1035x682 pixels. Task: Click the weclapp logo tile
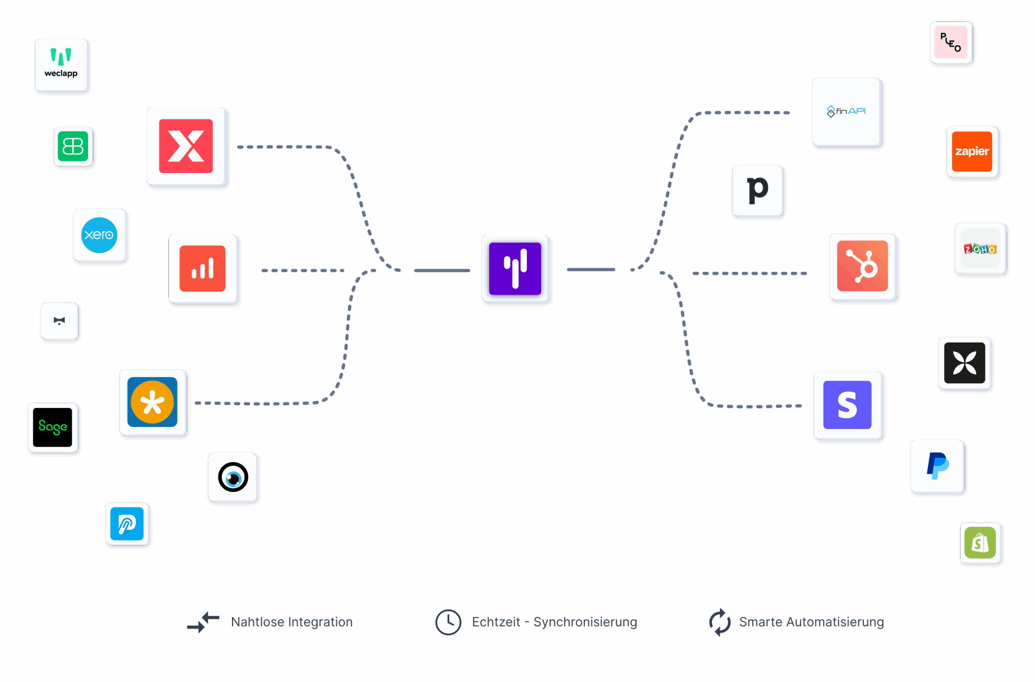pos(61,65)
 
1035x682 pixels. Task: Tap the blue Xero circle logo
pos(99,235)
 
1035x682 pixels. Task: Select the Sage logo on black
pos(53,428)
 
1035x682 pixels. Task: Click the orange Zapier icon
pos(972,152)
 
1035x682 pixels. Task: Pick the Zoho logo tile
pos(980,249)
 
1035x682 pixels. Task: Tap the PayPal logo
pos(938,466)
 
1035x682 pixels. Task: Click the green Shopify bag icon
pos(980,543)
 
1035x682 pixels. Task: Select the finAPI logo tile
pos(846,112)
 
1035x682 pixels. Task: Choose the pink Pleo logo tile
pos(951,42)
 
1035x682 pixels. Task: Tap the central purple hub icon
pos(515,269)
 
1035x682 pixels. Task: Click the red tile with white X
pos(186,146)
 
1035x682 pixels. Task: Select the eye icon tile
pos(233,477)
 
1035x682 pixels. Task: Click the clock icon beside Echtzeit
pos(448,622)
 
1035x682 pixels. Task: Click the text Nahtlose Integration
pos(292,622)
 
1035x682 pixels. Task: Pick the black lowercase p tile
pos(758,190)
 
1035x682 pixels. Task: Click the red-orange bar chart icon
pos(203,269)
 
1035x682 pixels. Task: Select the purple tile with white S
pos(847,405)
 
